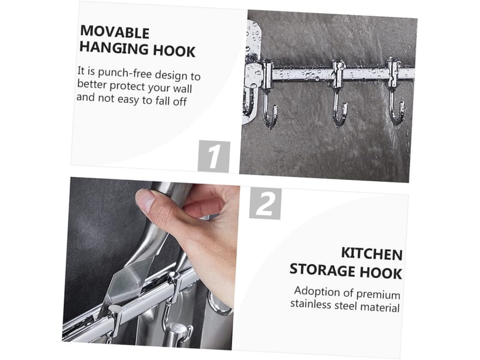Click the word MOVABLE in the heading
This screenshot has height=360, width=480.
pos(115,32)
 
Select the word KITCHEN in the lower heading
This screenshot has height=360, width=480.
pos(371,253)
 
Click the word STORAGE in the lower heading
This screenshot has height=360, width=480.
pos(323,270)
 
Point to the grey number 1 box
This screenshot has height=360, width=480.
pos(214,157)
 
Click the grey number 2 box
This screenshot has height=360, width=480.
pos(265,203)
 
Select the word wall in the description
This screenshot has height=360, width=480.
pos(182,88)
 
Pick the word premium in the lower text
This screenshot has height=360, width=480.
pos(379,294)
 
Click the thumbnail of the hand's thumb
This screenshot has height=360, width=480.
pos(145,200)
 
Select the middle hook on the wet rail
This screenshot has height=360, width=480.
pos(339,94)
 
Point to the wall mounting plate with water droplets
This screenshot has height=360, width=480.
pos(252,72)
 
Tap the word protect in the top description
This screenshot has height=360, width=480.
pos(127,86)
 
